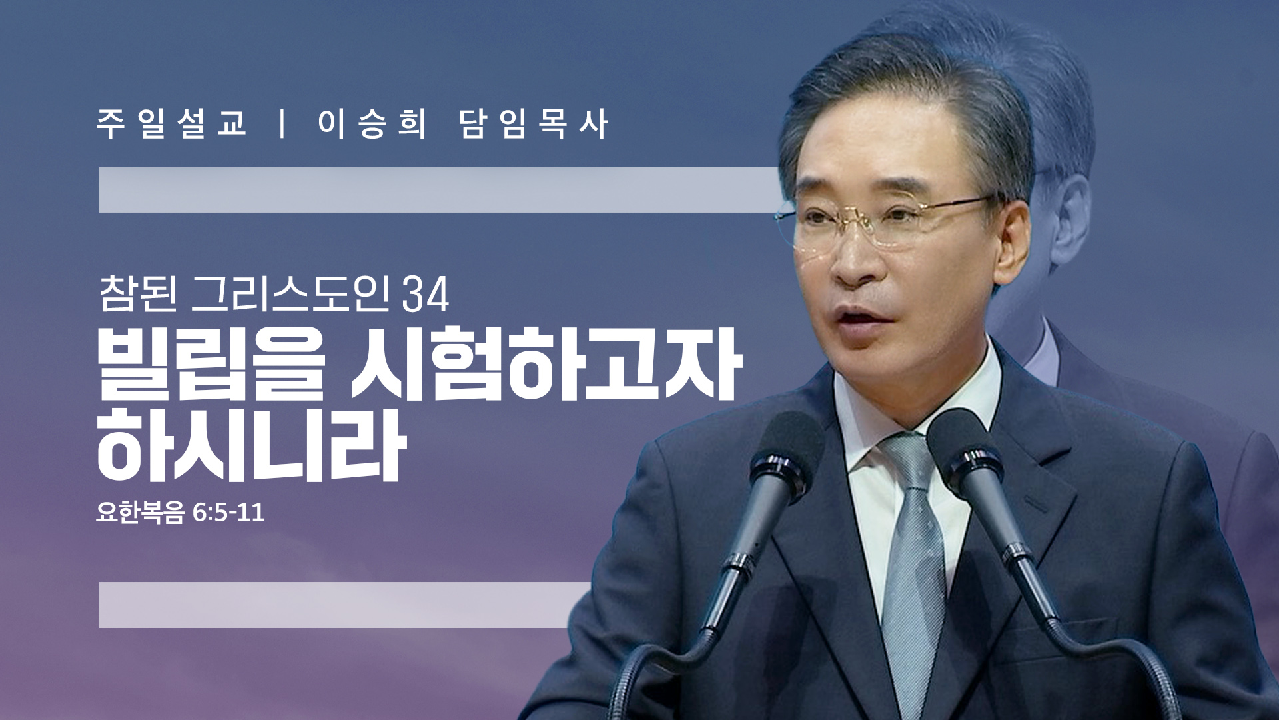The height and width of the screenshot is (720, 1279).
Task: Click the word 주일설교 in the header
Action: click(172, 124)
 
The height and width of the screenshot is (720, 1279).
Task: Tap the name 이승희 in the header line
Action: click(372, 124)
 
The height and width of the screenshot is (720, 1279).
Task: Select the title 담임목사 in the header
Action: click(534, 124)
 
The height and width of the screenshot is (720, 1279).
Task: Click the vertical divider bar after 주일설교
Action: click(283, 124)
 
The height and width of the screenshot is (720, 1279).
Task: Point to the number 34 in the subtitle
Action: click(426, 294)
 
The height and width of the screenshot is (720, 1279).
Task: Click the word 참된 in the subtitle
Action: click(138, 294)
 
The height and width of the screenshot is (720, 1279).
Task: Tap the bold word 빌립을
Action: click(211, 363)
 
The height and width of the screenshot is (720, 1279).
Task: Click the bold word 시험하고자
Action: click(546, 363)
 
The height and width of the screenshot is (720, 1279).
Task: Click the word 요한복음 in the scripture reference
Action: click(139, 512)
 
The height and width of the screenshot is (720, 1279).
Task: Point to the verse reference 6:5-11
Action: click(228, 512)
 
